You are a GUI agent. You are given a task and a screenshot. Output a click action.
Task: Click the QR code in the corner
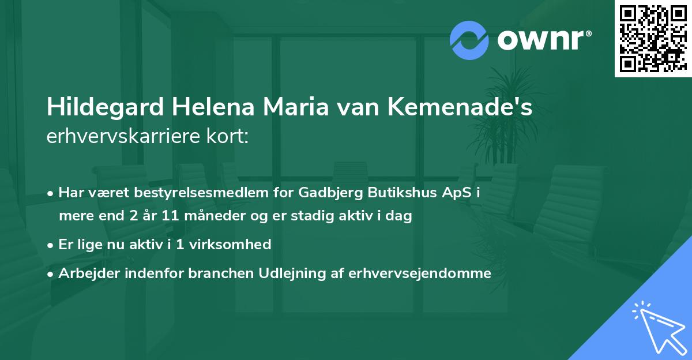click(653, 38)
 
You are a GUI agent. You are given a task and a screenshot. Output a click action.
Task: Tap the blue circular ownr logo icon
click(469, 40)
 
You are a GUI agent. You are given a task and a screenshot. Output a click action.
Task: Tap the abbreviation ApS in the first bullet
click(456, 193)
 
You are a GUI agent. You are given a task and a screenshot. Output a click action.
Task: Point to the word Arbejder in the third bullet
click(85, 273)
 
